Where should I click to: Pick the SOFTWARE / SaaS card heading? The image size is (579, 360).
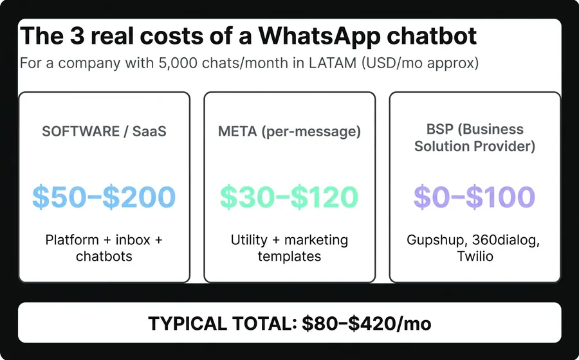tap(104, 132)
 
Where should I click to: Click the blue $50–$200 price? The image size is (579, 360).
tap(104, 197)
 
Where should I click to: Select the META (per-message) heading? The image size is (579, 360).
tap(289, 132)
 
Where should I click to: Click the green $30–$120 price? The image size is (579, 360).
tap(289, 197)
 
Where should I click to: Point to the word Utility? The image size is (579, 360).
tap(249, 240)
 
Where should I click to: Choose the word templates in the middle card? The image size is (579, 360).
tap(289, 256)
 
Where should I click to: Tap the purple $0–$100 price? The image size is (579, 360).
tap(475, 197)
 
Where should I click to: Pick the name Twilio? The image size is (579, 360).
tap(475, 256)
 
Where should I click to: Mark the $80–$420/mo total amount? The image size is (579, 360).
tap(367, 323)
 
